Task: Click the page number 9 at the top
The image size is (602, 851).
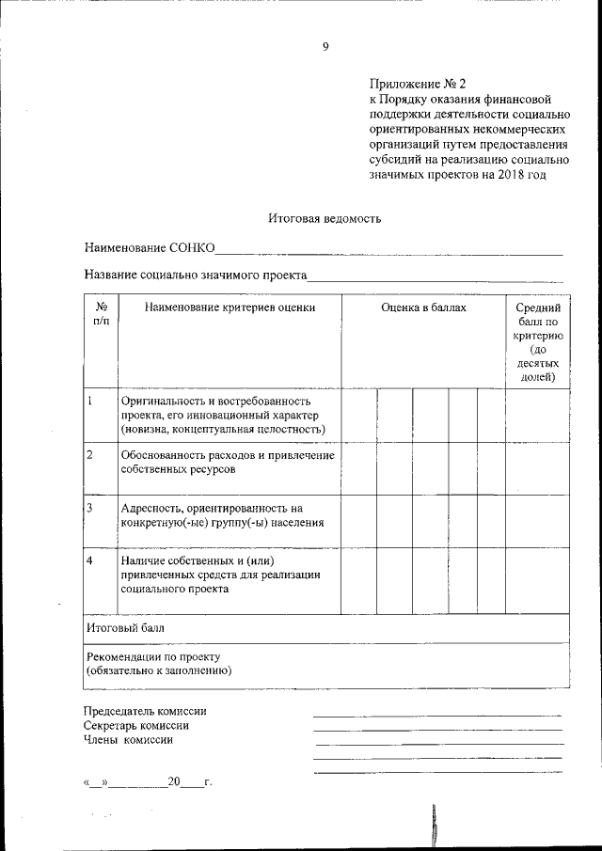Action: point(325,47)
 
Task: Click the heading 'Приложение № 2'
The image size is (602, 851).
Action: point(414,83)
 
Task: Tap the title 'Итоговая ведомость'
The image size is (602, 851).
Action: point(324,218)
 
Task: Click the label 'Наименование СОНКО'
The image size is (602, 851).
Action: point(150,248)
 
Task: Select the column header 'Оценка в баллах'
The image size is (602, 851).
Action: point(423,307)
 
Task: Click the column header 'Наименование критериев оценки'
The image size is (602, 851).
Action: point(230,307)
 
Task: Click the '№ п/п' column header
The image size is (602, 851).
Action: point(102,314)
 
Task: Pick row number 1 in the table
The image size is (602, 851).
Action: point(89,401)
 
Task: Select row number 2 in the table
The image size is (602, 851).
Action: point(89,455)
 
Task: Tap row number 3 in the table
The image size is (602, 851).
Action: point(89,508)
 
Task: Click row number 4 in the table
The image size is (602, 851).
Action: point(89,560)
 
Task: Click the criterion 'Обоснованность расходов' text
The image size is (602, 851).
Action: point(228,461)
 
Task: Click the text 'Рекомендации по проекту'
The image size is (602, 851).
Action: point(152,655)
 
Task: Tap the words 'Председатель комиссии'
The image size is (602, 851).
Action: point(145,712)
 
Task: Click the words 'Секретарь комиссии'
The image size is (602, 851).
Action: point(136,726)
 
